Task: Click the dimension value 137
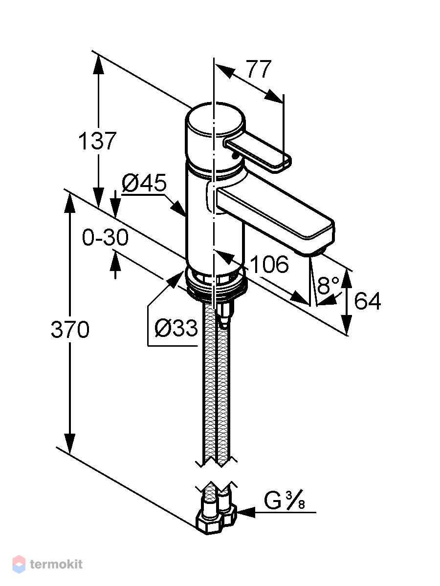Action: point(97,141)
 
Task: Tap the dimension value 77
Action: point(258,69)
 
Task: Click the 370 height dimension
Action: point(70,330)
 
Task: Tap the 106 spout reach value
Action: point(270,264)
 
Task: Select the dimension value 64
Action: point(367,301)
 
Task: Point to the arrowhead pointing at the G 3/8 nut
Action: point(246,512)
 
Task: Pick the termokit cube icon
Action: point(19,564)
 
